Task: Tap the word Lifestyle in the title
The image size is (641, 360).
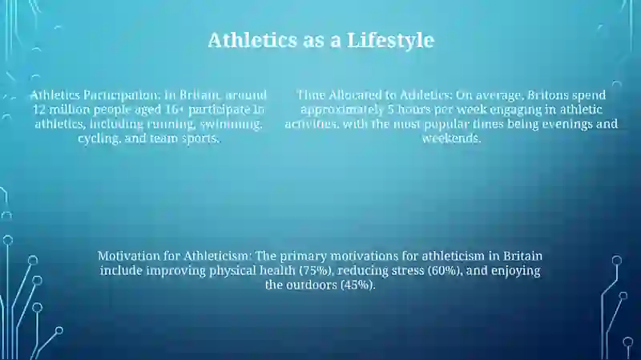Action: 390,41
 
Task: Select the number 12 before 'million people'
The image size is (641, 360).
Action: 39,110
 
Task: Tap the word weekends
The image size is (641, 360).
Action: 451,138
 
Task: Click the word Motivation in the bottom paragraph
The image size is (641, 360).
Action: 129,256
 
